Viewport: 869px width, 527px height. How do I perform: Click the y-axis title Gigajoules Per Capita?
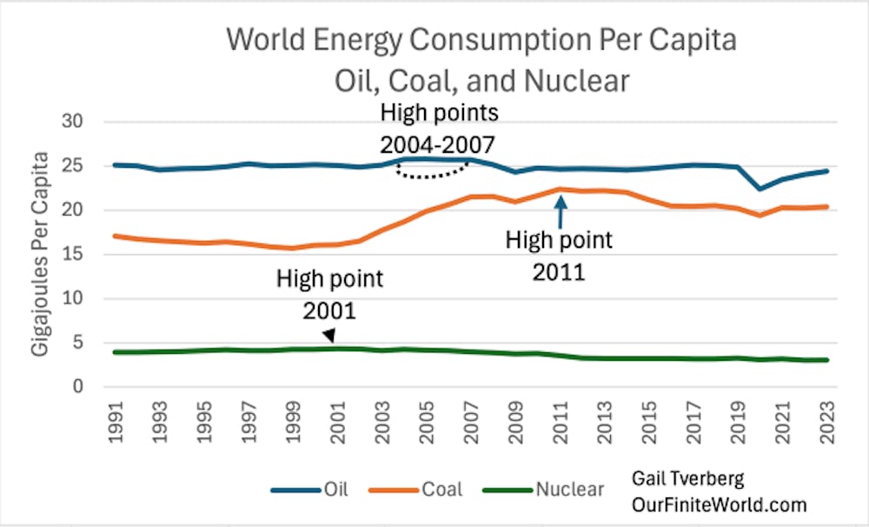[41, 254]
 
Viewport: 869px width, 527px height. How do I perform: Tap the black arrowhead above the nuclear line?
[329, 337]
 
